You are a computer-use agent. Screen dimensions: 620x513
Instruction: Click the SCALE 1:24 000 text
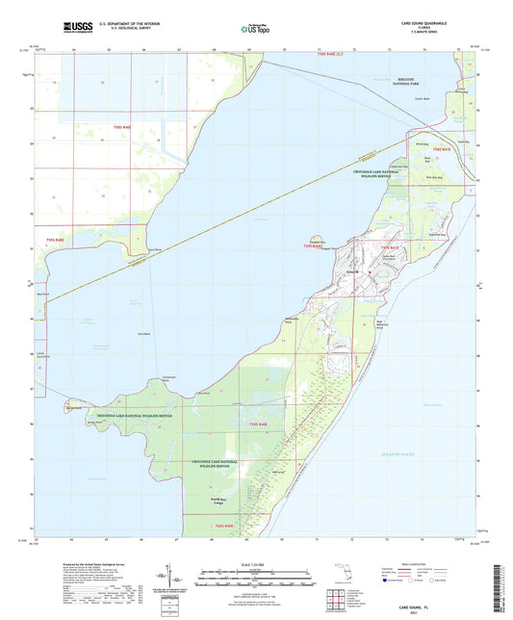256,563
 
